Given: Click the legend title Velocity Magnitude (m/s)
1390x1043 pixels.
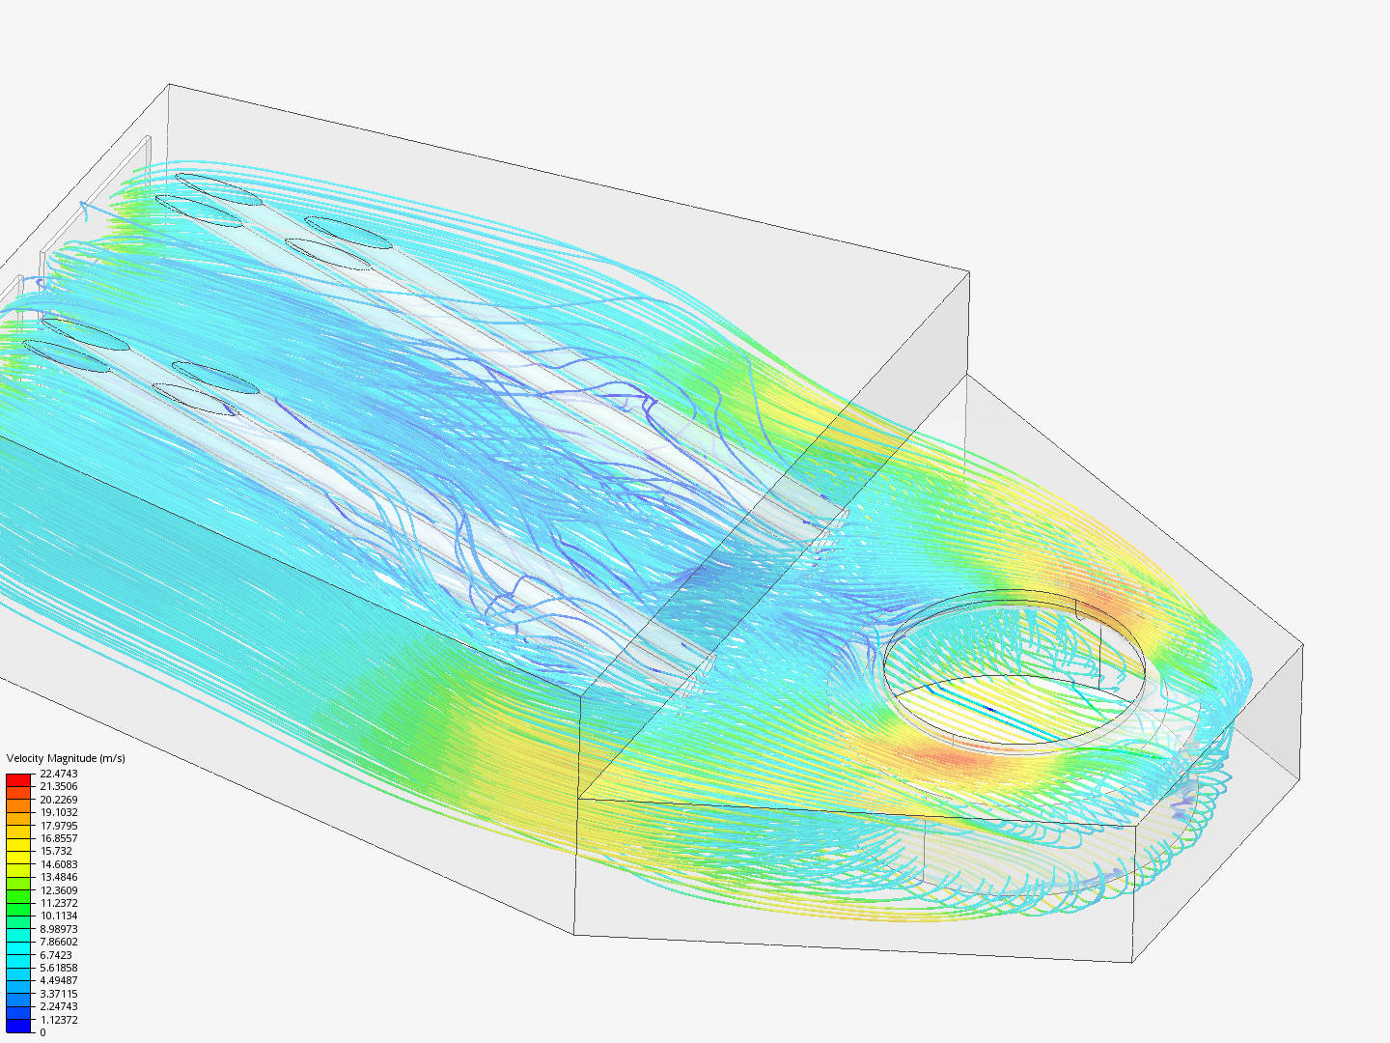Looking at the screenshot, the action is point(66,758).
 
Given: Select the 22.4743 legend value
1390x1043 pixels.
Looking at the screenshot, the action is point(58,774).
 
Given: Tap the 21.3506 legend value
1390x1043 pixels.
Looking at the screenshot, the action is point(58,786).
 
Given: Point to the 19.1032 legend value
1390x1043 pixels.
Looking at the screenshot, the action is point(58,812).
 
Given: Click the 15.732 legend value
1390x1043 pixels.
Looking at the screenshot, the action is point(56,851).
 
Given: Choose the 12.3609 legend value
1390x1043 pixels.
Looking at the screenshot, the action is point(58,890).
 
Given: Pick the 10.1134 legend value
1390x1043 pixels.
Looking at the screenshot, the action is point(58,916).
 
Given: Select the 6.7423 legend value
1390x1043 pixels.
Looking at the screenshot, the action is point(56,955).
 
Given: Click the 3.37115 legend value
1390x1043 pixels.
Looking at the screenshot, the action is point(58,994).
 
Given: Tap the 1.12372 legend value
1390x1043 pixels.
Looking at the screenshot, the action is point(58,1020).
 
